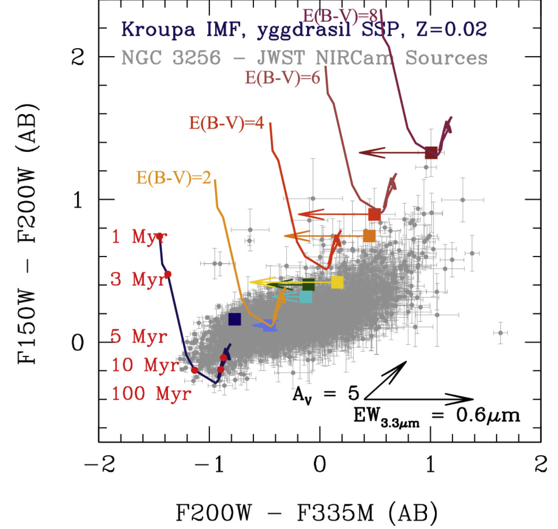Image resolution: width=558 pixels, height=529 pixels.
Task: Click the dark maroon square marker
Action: pos(431,153)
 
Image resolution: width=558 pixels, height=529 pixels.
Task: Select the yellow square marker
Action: pos(337,282)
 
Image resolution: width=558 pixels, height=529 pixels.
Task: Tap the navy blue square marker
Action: pos(235,319)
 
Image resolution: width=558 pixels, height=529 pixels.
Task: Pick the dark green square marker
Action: pos(309,284)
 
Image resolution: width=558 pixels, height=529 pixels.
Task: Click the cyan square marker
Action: pos(306,297)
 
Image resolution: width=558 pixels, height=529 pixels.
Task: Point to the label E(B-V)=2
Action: pos(174,178)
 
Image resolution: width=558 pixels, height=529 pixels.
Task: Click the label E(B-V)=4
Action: pos(226,123)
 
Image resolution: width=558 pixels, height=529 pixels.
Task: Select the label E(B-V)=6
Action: pos(282,78)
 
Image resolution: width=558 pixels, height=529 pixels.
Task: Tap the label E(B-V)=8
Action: pos(340,15)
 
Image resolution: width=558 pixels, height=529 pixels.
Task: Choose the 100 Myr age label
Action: pos(151,393)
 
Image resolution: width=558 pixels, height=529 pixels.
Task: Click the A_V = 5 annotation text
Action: pos(326,395)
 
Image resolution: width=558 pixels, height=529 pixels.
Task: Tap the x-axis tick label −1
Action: pos(209,464)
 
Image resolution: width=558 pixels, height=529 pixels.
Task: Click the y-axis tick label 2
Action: pos(78,57)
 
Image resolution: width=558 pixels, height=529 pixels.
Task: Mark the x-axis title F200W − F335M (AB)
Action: pos(306,512)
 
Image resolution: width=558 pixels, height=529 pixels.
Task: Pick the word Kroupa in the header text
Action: pos(158,29)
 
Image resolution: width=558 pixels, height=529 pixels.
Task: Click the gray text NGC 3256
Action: pos(171,58)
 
